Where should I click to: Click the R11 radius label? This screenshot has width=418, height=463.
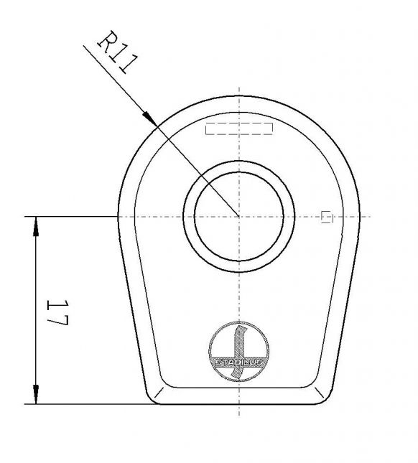pyautogui.click(x=114, y=54)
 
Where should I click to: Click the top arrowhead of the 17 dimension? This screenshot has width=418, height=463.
pyautogui.click(x=35, y=224)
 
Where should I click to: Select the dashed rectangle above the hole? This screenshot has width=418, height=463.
pyautogui.click(x=239, y=128)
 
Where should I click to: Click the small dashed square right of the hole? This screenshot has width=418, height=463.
pyautogui.click(x=327, y=216)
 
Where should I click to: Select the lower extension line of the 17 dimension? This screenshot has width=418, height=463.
pyautogui.click(x=86, y=403)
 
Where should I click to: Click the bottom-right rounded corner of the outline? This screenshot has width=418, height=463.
pyautogui.click(x=325, y=397)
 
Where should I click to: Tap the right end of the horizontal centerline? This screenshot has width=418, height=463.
pyautogui.click(x=369, y=216)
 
